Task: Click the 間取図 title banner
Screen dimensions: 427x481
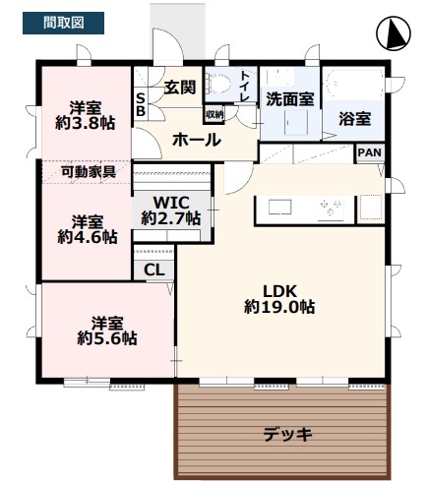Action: [x=63, y=23]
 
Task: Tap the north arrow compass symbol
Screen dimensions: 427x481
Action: [x=394, y=33]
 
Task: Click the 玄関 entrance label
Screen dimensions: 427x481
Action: [x=180, y=88]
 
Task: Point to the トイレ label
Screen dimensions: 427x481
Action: [x=245, y=86]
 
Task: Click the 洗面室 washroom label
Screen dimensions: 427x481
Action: [x=290, y=99]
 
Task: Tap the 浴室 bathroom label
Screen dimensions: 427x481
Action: [x=355, y=118]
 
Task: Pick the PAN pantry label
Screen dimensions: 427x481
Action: [x=370, y=152]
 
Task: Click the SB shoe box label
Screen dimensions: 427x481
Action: [x=141, y=104]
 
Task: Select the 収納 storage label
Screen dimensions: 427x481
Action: [x=214, y=114]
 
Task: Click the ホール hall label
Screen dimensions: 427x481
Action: [x=197, y=140]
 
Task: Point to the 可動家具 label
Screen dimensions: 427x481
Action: [x=89, y=171]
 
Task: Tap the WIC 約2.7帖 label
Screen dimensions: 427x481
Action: [x=171, y=210]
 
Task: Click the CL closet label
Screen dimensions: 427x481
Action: [x=154, y=270]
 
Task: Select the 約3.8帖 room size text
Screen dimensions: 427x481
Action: [x=86, y=124]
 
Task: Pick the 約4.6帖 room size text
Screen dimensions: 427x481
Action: [x=88, y=237]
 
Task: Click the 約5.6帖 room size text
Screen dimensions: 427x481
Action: [x=107, y=337]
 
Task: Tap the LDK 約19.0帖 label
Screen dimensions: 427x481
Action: [x=279, y=299]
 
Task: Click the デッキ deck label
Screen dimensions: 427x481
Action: [x=287, y=435]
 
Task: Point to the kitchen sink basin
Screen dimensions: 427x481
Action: [x=279, y=207]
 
